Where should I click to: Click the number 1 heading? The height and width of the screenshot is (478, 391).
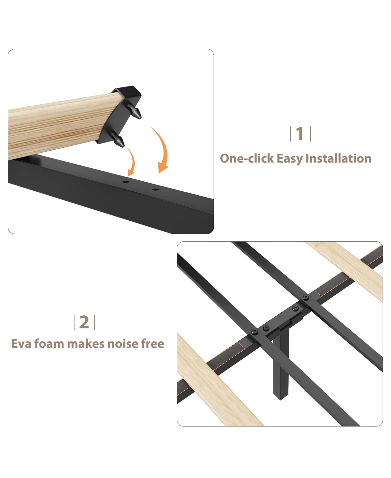click(x=300, y=134)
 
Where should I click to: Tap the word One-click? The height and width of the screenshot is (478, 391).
click(x=247, y=158)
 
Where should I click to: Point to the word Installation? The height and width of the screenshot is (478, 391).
click(x=339, y=158)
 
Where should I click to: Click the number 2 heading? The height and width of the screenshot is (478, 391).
click(x=84, y=322)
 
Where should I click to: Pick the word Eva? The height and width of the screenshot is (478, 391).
click(x=21, y=344)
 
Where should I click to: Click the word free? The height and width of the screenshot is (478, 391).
click(x=153, y=343)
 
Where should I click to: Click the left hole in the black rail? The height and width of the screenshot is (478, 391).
click(x=126, y=182)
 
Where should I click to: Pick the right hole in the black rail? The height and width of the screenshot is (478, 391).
click(x=155, y=189)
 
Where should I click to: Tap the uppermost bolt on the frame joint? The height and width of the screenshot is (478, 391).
click(x=306, y=297)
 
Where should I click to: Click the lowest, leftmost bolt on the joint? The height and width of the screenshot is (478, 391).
click(x=255, y=332)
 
